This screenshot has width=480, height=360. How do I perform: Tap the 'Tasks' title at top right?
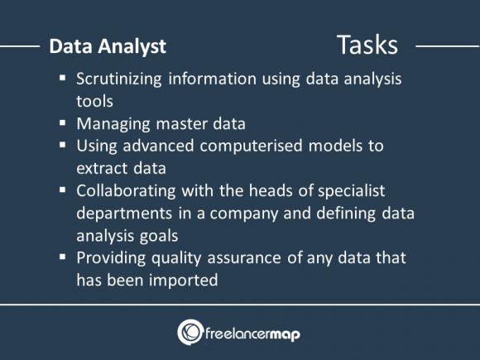click(366, 45)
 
